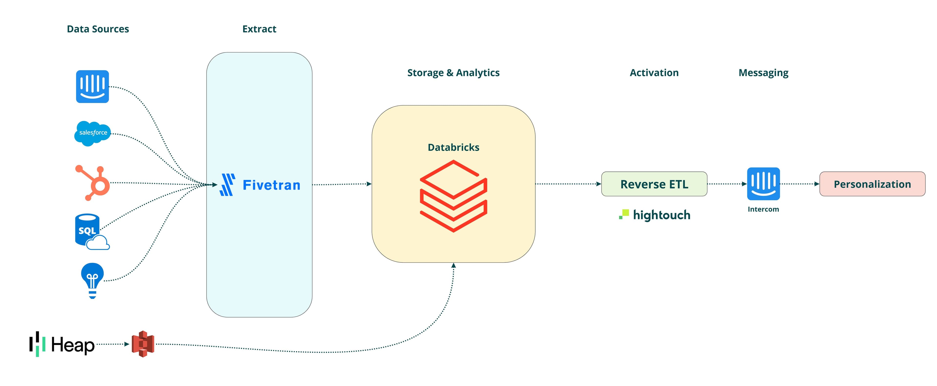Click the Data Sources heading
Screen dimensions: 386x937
click(98, 29)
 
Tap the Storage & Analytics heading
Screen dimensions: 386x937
click(453, 73)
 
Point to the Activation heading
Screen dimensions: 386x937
click(654, 73)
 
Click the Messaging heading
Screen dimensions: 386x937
click(763, 73)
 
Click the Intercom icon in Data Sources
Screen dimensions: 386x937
click(92, 87)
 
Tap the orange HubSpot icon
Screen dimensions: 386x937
click(93, 183)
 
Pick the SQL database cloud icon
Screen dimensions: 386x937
click(91, 232)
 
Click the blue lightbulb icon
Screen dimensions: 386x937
click(92, 280)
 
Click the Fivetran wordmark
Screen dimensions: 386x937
click(271, 185)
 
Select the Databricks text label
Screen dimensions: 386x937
click(453, 147)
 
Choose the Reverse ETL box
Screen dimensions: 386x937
click(654, 184)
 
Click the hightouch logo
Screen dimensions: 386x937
click(655, 215)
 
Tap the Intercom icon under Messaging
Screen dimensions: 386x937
click(763, 184)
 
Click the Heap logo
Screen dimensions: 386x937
click(62, 344)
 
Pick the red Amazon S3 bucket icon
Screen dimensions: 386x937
click(143, 344)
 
